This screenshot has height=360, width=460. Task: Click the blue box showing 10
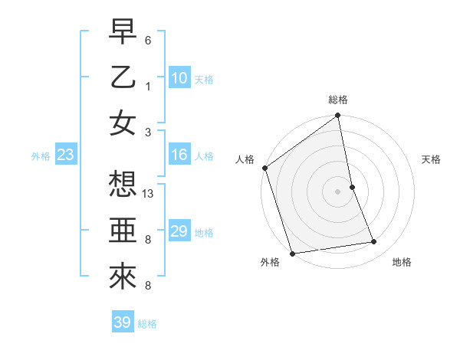[x=179, y=77]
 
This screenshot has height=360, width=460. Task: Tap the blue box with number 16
[x=179, y=155]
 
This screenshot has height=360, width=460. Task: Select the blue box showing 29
[x=179, y=231]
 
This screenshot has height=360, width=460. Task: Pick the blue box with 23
[x=66, y=155]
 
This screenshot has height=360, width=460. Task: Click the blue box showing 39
[x=122, y=322]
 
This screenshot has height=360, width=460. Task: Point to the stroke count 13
[x=149, y=195]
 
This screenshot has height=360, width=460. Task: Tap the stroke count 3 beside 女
[x=148, y=131]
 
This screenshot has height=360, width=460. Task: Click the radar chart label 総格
[x=338, y=100]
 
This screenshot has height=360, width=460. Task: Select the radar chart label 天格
[x=432, y=159]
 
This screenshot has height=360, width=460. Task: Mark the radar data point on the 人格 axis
[x=264, y=168]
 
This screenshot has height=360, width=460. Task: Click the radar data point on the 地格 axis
[x=374, y=242]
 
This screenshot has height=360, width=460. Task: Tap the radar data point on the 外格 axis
[x=293, y=253]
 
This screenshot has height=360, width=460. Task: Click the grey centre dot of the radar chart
[x=338, y=191]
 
